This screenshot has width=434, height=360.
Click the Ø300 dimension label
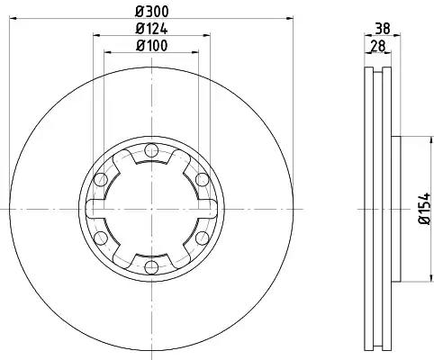pyautogui.click(x=152, y=12)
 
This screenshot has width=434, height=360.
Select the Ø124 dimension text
pyautogui.click(x=151, y=29)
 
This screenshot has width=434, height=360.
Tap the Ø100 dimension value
pyautogui.click(x=151, y=46)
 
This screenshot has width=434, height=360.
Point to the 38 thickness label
pyautogui.click(x=383, y=29)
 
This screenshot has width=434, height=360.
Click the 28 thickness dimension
pyautogui.click(x=377, y=46)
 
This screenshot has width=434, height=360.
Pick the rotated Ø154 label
pyautogui.click(x=425, y=209)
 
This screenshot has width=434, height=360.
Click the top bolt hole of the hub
pyautogui.click(x=151, y=150)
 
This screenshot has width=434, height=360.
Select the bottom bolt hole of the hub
pyautogui.click(x=151, y=267)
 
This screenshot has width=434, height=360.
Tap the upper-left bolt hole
pyautogui.click(x=101, y=180)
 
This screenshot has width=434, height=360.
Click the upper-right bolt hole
pyautogui.click(x=203, y=180)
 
